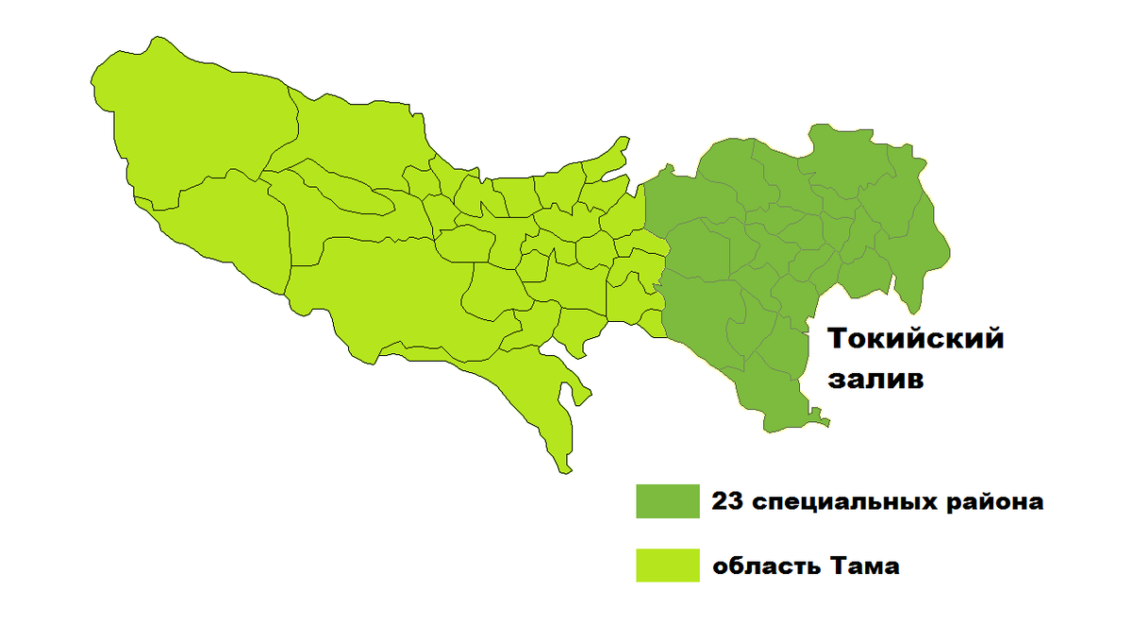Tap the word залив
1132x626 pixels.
874,381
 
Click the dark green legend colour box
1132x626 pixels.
667,501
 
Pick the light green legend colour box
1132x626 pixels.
667,566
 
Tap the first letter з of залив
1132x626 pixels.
835,381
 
